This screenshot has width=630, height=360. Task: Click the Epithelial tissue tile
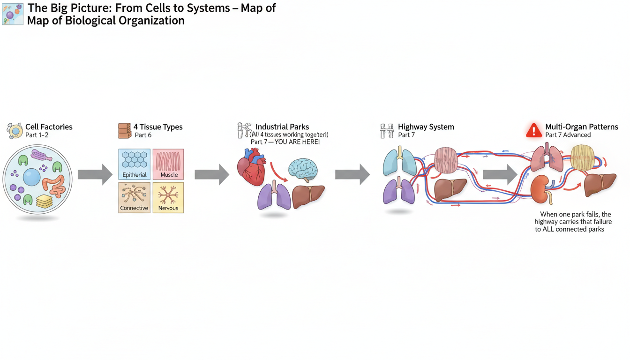tap(135, 164)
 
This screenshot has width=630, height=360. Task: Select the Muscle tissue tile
tap(168, 164)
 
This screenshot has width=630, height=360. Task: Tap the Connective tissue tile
tap(135, 197)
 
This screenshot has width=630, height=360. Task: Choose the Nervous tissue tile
tap(168, 197)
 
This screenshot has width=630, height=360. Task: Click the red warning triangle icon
tap(533, 131)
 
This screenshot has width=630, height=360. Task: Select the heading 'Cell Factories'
tap(49, 127)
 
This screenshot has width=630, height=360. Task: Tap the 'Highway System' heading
tap(426, 127)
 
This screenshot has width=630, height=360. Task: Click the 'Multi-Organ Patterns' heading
tap(581, 127)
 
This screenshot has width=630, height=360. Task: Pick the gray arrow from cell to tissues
tap(95, 175)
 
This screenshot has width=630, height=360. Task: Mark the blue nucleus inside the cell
tap(31, 177)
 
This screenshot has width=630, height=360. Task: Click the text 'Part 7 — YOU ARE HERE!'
tap(285, 142)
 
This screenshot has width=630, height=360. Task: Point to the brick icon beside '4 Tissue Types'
tap(125, 131)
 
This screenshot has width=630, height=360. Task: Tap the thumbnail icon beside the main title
tap(13, 14)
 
